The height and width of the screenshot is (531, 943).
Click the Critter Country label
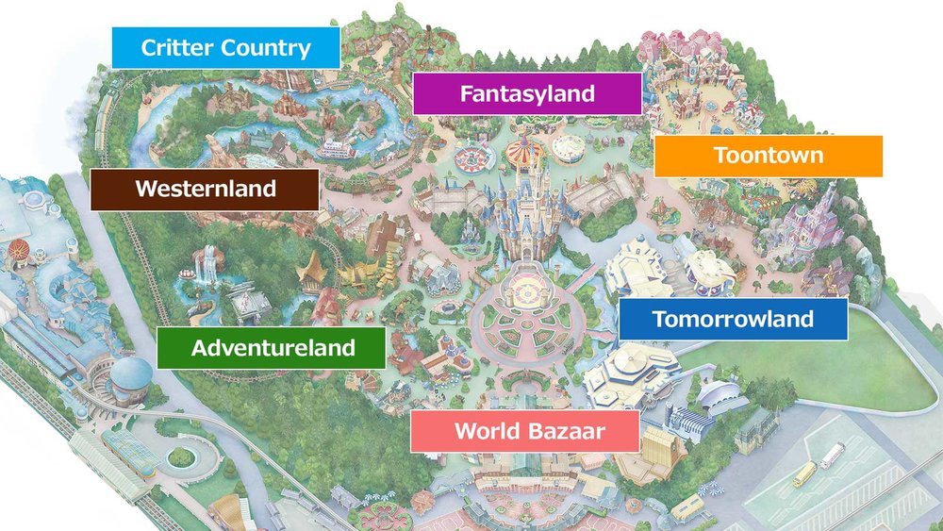[225, 48]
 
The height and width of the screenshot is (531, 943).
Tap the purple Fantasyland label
[527, 93]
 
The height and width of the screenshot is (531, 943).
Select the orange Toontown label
[768, 156]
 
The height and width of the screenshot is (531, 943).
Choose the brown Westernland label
[205, 189]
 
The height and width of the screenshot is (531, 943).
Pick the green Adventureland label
[272, 348]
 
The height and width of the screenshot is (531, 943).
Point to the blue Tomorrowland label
[733, 319]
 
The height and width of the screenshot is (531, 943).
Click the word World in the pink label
[484, 432]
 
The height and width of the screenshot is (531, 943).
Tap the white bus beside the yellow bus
[832, 456]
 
